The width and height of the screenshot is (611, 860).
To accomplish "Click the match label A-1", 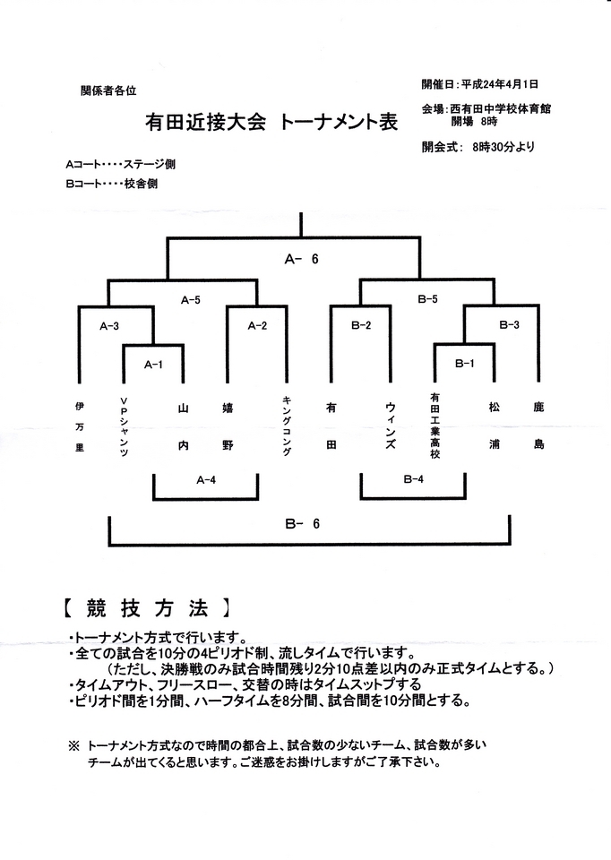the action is pyautogui.click(x=153, y=365).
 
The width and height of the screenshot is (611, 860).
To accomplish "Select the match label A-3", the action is pyautogui.click(x=109, y=326).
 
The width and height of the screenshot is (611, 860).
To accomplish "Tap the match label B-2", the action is pyautogui.click(x=361, y=325).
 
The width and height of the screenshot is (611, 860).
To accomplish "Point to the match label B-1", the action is pyautogui.click(x=465, y=363).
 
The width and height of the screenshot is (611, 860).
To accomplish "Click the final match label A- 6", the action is pyautogui.click(x=302, y=259).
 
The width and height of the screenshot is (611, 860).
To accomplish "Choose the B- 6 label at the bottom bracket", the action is pyautogui.click(x=302, y=524).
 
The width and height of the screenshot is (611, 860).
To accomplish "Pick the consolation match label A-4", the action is pyautogui.click(x=206, y=480).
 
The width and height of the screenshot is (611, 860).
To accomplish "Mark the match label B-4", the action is pyautogui.click(x=414, y=478).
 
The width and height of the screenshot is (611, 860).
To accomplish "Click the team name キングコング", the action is pyautogui.click(x=287, y=426).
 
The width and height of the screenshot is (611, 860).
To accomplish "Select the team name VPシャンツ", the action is pyautogui.click(x=124, y=427).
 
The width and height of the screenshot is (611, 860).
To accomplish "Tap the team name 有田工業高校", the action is pyautogui.click(x=435, y=425).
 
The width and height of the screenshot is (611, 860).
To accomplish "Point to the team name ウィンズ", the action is pyautogui.click(x=390, y=426).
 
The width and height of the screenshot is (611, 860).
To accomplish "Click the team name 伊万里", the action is pyautogui.click(x=80, y=426).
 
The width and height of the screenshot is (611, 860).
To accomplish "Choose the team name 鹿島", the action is pyautogui.click(x=538, y=426).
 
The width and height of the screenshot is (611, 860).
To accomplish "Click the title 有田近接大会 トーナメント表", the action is pyautogui.click(x=271, y=122).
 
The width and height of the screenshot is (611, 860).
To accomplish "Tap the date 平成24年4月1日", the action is pyautogui.click(x=500, y=84).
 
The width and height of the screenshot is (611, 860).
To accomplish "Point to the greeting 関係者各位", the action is pyautogui.click(x=108, y=90).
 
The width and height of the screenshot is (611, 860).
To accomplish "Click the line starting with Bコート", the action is pyautogui.click(x=111, y=184).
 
